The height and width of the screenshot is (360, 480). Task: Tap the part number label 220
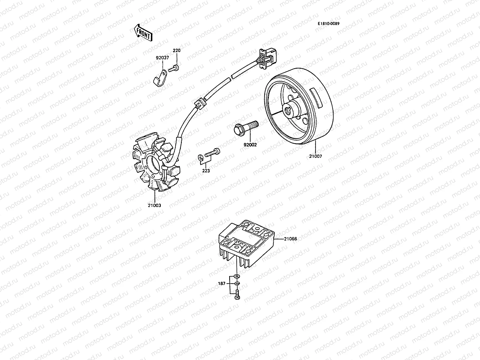click(177, 50)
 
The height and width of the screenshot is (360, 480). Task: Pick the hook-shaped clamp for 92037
click(159, 78)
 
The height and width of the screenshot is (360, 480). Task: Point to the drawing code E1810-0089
click(329, 24)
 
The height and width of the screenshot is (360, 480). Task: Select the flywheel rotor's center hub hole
click(288, 111)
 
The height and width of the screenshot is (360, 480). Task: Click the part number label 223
click(206, 170)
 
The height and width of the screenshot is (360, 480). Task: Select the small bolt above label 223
click(212, 153)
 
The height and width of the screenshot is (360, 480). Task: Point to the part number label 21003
click(154, 205)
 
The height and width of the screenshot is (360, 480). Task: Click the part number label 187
click(222, 283)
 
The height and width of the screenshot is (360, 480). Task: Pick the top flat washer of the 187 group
click(237, 275)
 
